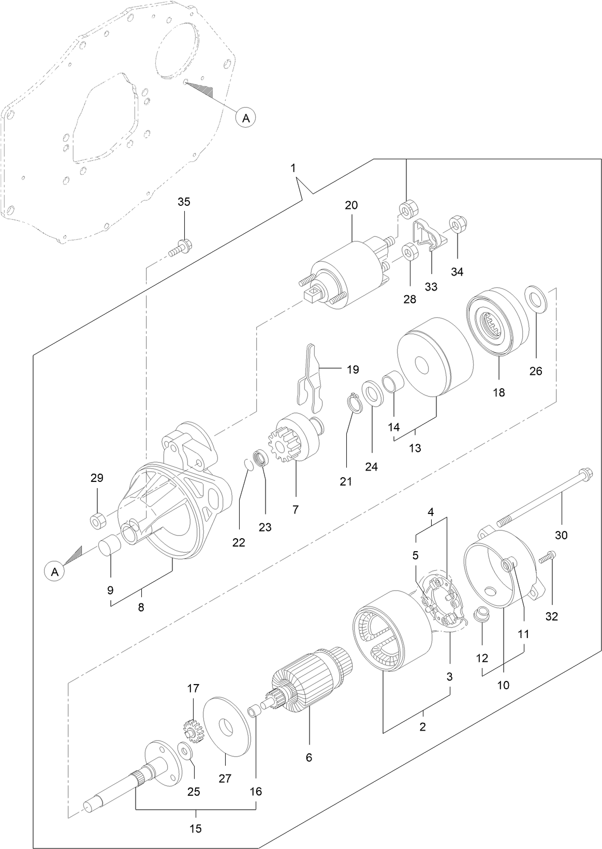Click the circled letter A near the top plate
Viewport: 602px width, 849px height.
tap(246, 118)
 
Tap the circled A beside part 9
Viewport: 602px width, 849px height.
tap(55, 572)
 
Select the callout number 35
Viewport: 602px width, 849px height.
tap(184, 202)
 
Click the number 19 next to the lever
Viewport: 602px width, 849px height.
tap(353, 370)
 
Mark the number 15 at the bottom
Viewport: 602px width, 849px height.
tap(195, 829)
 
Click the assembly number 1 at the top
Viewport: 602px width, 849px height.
tap(293, 168)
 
